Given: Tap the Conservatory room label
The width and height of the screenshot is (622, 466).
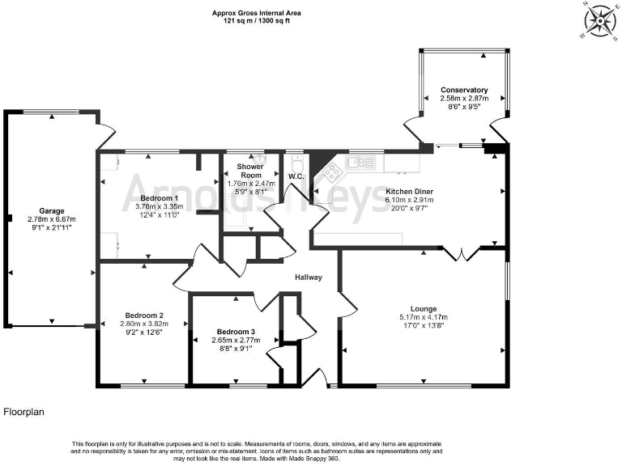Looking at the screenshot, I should click(464, 90).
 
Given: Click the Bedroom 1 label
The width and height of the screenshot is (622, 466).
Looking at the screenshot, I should click(159, 198).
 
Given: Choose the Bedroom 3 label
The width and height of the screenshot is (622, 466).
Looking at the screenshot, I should click(236, 332).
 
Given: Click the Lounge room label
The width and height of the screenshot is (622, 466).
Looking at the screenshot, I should click(424, 308).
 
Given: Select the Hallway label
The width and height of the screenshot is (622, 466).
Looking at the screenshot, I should click(309, 277).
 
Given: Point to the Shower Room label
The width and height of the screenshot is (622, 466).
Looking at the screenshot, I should click(249, 171).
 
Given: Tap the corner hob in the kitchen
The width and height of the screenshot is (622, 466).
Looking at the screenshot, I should click(330, 172).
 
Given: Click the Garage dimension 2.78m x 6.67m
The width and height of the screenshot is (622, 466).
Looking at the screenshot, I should click(51, 219).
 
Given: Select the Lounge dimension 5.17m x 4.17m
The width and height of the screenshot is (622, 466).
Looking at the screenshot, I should click(424, 317).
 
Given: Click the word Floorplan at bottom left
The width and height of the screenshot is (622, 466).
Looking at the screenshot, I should click(24, 412).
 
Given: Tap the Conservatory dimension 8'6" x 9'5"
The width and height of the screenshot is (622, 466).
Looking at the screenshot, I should click(464, 106).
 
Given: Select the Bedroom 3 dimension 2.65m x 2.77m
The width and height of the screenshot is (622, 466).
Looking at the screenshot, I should click(236, 341).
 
